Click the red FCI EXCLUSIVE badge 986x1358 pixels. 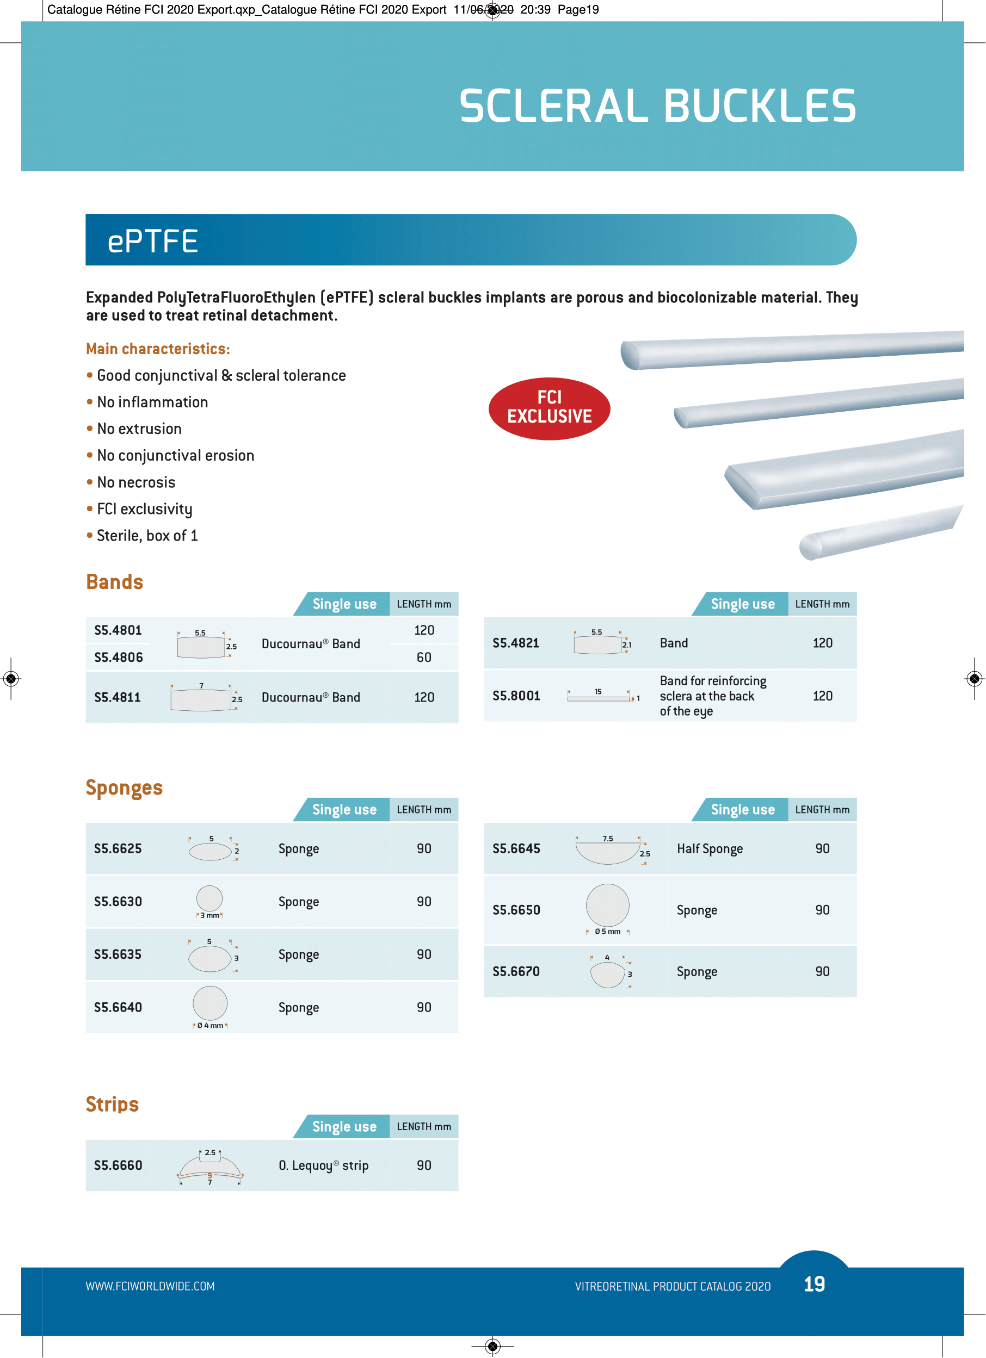(x=549, y=408)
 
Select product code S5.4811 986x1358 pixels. (x=118, y=698)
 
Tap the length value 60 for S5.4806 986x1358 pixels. (x=423, y=658)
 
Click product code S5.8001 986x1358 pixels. (x=516, y=696)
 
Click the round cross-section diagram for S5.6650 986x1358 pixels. (x=607, y=906)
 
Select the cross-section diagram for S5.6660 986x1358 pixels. (x=209, y=1167)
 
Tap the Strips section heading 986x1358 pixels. (x=112, y=1104)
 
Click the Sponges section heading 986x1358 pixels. (x=124, y=787)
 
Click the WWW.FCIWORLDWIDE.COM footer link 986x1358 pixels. (x=150, y=1286)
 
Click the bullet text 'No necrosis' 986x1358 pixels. (x=136, y=482)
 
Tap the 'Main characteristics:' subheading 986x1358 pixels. (x=158, y=349)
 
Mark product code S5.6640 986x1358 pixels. (x=118, y=1007)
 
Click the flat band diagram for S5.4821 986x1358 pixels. (x=597, y=644)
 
